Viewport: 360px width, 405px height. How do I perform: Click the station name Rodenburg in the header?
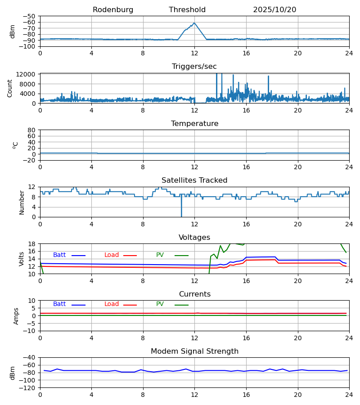click(113, 10)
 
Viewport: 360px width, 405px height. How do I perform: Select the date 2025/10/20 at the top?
click(274, 10)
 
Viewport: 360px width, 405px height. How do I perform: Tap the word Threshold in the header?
click(187, 10)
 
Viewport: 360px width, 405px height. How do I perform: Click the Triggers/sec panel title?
click(194, 67)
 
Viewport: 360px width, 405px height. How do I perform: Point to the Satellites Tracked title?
click(194, 180)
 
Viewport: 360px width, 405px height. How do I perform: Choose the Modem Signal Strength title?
click(194, 351)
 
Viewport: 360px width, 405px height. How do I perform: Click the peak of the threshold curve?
click(194, 23)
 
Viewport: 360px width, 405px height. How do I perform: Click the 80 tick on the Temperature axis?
click(32, 130)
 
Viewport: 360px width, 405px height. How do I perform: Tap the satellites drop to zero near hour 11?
click(181, 216)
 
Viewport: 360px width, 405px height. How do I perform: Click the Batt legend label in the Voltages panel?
click(59, 255)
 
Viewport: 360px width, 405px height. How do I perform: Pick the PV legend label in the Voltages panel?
click(160, 255)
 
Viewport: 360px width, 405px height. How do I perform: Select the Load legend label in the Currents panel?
click(112, 304)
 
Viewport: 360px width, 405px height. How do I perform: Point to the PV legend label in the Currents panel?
click(160, 304)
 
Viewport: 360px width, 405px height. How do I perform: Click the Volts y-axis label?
click(22, 259)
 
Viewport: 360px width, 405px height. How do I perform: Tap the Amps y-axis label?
click(17, 316)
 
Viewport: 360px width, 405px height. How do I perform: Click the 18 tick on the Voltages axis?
click(32, 244)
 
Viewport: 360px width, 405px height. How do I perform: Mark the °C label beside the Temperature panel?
click(16, 145)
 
